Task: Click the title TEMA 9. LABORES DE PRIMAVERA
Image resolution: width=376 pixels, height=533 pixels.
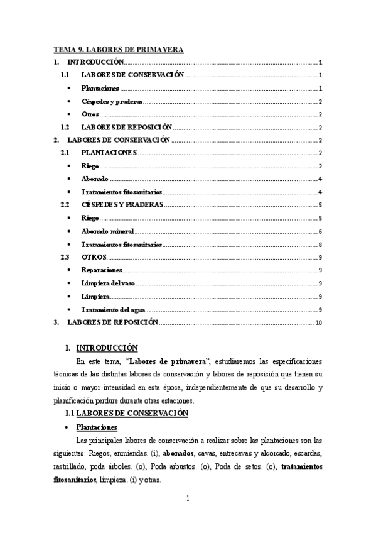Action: [118, 49]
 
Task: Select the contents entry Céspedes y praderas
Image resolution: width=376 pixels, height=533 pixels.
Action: [112, 101]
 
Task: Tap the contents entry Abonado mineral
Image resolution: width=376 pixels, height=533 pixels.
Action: [107, 231]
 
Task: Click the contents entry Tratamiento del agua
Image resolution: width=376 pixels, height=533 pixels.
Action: [114, 309]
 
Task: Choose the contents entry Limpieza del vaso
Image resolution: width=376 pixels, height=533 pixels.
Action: [108, 283]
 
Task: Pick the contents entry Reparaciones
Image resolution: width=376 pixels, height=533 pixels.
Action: [102, 270]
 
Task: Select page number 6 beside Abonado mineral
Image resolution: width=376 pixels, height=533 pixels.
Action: [320, 231]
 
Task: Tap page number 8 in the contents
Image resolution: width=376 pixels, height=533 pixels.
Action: [320, 245]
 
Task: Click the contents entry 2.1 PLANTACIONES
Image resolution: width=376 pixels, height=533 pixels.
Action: [109, 153]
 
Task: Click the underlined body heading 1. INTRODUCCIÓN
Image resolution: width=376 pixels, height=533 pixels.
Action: [106, 348]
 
